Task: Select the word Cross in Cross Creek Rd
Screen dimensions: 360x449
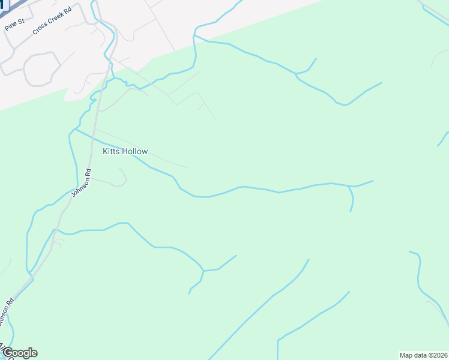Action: [40, 28]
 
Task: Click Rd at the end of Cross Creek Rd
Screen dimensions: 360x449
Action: [68, 12]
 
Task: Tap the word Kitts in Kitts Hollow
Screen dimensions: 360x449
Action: [111, 152]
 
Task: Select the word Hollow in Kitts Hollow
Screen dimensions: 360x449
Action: [134, 152]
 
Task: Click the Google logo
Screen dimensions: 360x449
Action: [19, 353]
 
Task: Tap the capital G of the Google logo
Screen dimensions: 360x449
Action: [7, 353]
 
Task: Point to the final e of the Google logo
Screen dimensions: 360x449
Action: [34, 353]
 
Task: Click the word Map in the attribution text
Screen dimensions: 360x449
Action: [406, 355]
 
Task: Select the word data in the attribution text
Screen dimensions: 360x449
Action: [421, 355]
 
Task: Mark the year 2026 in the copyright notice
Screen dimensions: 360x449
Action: [440, 355]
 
